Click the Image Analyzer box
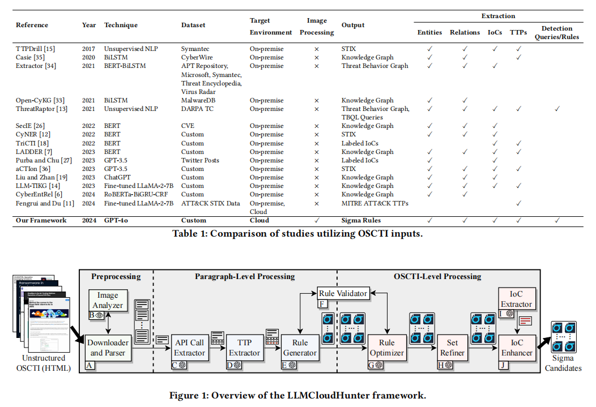pos(108,301)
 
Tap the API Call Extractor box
pos(189,348)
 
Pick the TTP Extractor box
pos(244,348)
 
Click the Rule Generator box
pos(300,348)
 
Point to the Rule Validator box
pos(342,293)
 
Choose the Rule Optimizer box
pos(387,348)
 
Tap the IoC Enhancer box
pos(516,348)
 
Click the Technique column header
pos(121,25)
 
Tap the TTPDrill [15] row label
pos(34,49)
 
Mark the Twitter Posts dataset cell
pos(200,160)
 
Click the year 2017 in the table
pos(89,49)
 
